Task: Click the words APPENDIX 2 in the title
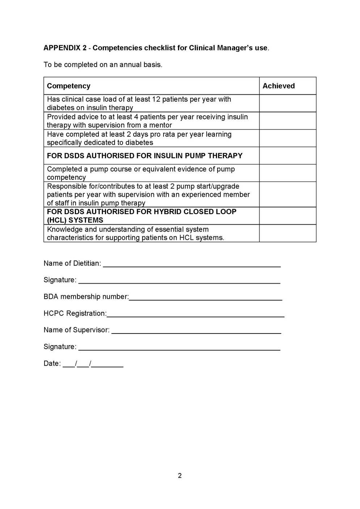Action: point(65,48)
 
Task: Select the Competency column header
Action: point(69,86)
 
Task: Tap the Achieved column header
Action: point(279,86)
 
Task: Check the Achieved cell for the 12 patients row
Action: point(288,103)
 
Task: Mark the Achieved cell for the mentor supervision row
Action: point(288,121)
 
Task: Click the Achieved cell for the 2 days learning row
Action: point(288,138)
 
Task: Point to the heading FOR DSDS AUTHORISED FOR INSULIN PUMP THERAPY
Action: point(145,156)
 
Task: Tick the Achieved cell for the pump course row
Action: point(288,173)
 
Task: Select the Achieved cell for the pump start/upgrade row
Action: point(288,194)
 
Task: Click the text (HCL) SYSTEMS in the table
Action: point(75,220)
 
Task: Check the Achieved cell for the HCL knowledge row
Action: point(288,233)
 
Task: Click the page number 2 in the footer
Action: point(180,476)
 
